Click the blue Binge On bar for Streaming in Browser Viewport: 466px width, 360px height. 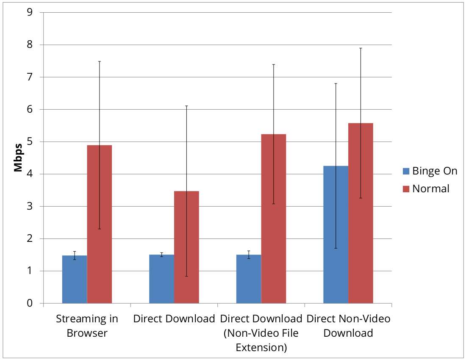pos(75,279)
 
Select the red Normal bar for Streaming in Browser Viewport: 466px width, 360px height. pos(100,224)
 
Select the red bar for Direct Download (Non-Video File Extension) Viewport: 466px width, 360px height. pos(274,219)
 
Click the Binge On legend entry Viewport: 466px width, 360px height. pos(430,171)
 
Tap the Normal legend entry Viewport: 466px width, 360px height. pos(425,188)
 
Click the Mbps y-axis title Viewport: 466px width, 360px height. pos(18,158)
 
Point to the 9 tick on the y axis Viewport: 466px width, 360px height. pos(30,12)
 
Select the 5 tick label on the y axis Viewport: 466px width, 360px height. pos(30,142)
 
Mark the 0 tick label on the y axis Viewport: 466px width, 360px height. pos(30,303)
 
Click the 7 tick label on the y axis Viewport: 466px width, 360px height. pos(30,77)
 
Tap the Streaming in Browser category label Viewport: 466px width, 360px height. pos(87,326)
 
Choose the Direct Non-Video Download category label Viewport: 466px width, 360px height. pos(348,326)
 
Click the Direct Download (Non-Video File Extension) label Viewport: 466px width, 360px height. pos(261,333)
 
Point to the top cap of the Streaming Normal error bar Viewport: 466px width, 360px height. pos(100,61)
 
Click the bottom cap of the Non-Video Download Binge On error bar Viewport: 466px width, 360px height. pos(336,248)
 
